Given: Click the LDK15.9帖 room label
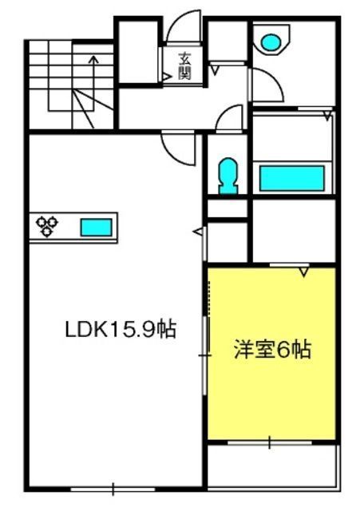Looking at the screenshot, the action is [x=121, y=330].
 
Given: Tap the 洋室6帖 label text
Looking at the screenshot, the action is [x=272, y=350].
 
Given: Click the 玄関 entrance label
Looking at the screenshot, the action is [x=184, y=65].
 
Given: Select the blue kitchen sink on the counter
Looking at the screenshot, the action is [x=97, y=227].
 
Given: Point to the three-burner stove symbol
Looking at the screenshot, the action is [x=47, y=225].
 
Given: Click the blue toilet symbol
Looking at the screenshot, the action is [x=228, y=176].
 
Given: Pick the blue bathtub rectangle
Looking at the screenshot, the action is [x=292, y=178].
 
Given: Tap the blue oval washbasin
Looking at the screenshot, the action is [x=271, y=42].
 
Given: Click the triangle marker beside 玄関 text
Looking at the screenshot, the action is [x=167, y=77].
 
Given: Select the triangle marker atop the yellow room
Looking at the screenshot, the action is [x=304, y=272].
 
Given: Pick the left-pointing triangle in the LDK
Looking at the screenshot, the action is [x=198, y=232].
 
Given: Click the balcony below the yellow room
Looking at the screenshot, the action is [x=272, y=468].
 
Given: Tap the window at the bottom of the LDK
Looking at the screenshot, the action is [x=113, y=489].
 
